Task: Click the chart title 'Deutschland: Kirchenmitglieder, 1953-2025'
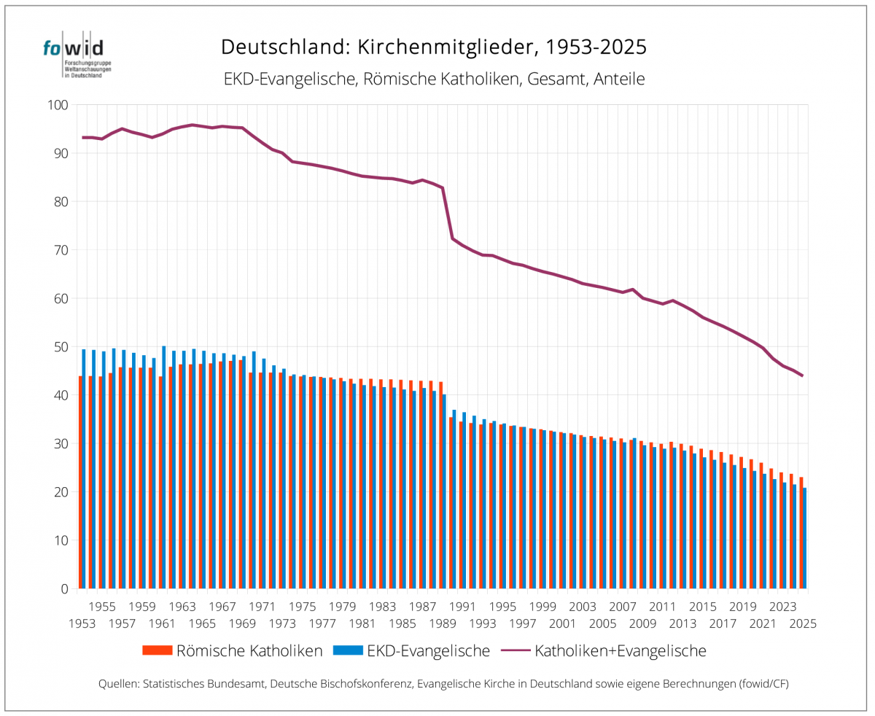(x=434, y=47)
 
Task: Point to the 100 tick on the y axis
(x=58, y=105)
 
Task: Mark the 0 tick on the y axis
(x=64, y=588)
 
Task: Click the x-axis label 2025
(x=801, y=623)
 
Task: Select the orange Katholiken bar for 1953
(x=80, y=482)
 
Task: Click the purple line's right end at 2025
(x=802, y=375)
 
